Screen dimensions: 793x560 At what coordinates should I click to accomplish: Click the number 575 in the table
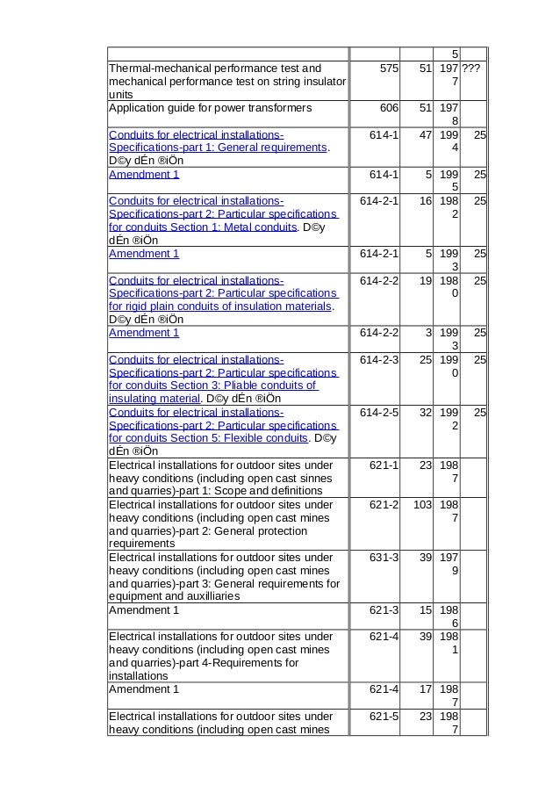[x=383, y=68]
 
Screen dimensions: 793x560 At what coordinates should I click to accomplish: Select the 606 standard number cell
[x=383, y=108]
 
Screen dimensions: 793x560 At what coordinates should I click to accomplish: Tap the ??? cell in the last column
[x=473, y=68]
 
